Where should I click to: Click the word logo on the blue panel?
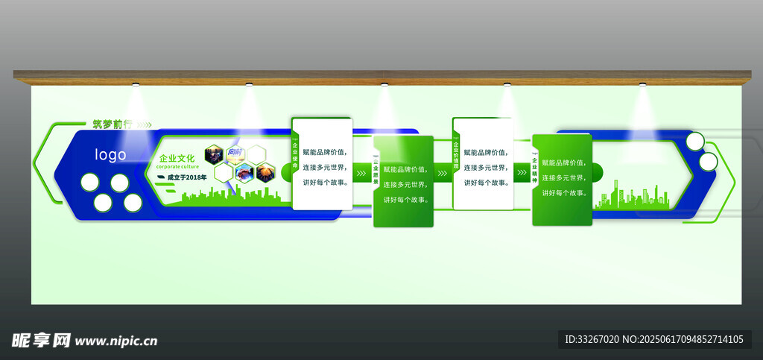click(x=110, y=155)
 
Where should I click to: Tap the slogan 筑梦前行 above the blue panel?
click(x=112, y=124)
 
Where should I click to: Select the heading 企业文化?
click(x=177, y=158)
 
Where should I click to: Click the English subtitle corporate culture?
click(x=177, y=167)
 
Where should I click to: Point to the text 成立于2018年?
click(x=186, y=177)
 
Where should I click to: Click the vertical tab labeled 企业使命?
click(x=294, y=157)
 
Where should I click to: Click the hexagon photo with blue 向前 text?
click(x=235, y=154)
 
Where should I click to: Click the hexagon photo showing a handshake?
click(x=245, y=173)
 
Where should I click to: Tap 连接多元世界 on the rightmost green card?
click(x=562, y=177)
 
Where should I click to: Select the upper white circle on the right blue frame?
click(x=694, y=141)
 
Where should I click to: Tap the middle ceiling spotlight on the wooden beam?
click(x=384, y=83)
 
